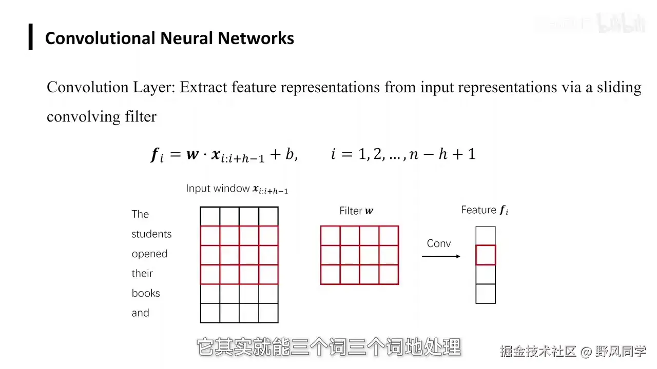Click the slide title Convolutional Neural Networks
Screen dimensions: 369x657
pos(169,38)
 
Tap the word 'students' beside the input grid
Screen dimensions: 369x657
pos(151,234)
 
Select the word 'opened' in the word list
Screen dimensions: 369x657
pos(149,254)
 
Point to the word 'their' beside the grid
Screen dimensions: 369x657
pos(142,274)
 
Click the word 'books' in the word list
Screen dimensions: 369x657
pos(146,293)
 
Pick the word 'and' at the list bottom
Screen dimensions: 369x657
pos(140,313)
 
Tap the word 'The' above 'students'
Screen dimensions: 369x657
pos(140,214)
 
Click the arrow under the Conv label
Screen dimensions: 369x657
pos(441,256)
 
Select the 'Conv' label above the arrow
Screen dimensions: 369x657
pos(439,243)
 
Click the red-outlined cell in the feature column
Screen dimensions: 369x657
pos(486,255)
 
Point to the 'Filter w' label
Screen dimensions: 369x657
pos(356,211)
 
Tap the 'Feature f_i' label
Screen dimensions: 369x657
pos(485,210)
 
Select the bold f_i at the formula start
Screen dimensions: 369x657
pos(157,154)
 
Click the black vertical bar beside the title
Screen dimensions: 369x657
pos(31,37)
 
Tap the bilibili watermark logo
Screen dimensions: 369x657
pos(621,24)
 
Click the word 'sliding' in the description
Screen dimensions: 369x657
pos(619,88)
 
